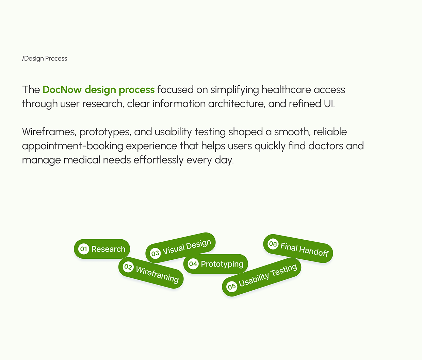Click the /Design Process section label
(x=45, y=58)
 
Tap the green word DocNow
(x=62, y=90)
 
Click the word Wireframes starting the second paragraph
(x=49, y=132)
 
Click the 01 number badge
(x=83, y=249)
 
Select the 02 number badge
(x=128, y=267)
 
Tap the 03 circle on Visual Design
(x=155, y=253)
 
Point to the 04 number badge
(x=193, y=264)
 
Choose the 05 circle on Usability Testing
(x=232, y=287)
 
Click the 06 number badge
(x=273, y=244)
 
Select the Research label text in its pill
(x=108, y=249)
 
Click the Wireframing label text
(x=157, y=275)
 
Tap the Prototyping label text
(x=222, y=264)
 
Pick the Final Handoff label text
(x=304, y=250)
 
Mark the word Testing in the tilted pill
(x=283, y=271)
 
